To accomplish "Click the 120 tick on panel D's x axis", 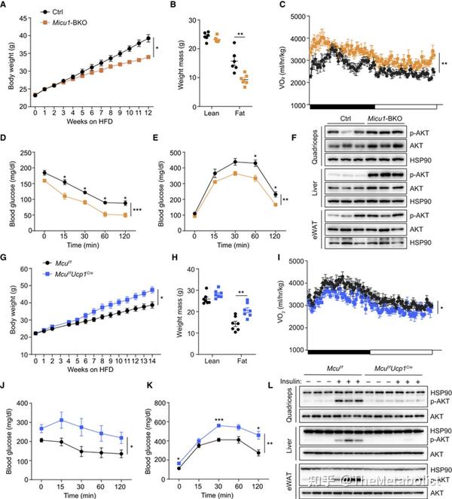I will [x=124, y=232].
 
